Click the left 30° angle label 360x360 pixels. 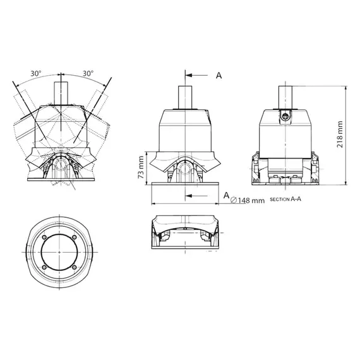[x=35, y=73]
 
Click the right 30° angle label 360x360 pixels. [x=88, y=73]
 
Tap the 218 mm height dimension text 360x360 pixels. [x=341, y=133]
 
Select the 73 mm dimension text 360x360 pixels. [x=141, y=167]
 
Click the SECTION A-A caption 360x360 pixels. [x=288, y=200]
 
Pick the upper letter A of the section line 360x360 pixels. [x=219, y=75]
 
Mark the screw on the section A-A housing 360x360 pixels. [x=286, y=116]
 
